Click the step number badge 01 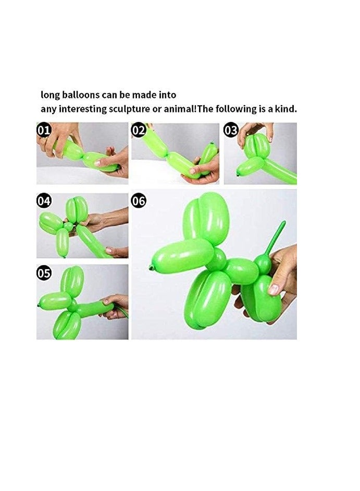44,130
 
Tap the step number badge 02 138,130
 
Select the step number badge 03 231,130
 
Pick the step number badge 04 44,200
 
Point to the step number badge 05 44,271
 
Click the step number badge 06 138,200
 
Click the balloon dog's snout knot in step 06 151,268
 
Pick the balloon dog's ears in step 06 207,219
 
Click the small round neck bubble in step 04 68,226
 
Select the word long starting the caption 51,95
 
